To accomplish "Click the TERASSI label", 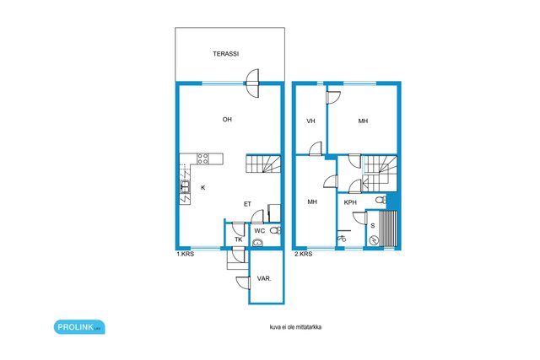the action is (x=225, y=54).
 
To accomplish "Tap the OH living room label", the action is (x=227, y=120).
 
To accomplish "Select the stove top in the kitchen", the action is (x=202, y=159).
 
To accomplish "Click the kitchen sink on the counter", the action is (x=185, y=186).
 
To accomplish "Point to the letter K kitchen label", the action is (x=203, y=187).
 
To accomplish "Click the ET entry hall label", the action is (x=247, y=204).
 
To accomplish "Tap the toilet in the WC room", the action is (x=275, y=230).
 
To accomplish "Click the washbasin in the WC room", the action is (x=257, y=243).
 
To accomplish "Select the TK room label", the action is (x=238, y=239).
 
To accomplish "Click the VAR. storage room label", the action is (x=264, y=279).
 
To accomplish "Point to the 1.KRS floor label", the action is (x=186, y=255).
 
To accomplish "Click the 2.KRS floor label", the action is (x=304, y=254).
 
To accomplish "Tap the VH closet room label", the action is (x=310, y=121).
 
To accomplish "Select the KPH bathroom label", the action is (x=350, y=202).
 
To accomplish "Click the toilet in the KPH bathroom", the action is (x=381, y=200).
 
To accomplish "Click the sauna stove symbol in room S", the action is (x=374, y=240).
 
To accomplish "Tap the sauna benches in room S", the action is (x=388, y=228).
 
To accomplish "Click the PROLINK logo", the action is (x=79, y=327).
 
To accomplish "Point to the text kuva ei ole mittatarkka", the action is (x=295, y=327).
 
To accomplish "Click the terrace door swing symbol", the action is (x=252, y=83).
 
